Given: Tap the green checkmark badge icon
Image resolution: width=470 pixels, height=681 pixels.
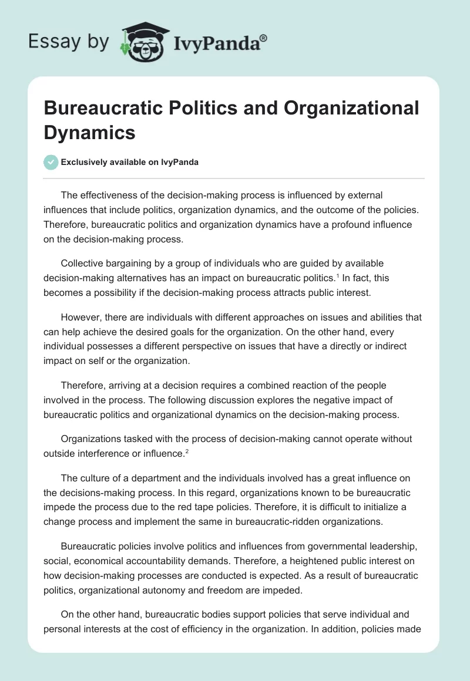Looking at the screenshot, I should (51, 162).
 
